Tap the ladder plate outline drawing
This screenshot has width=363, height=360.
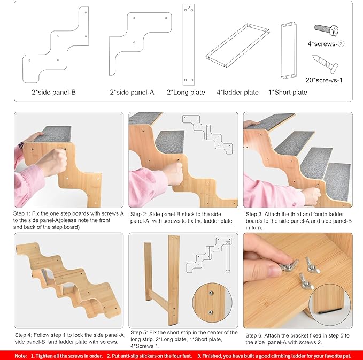[x=236, y=46]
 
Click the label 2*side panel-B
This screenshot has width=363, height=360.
[x=53, y=92]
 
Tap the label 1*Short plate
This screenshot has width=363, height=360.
[x=288, y=92]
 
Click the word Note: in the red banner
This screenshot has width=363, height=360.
[x=21, y=355]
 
